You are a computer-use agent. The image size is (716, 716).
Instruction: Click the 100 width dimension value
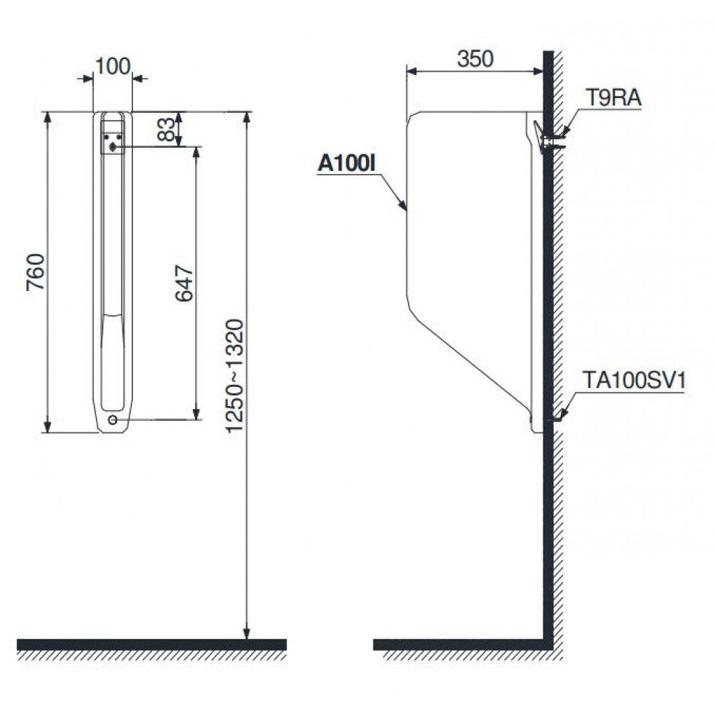(x=112, y=66)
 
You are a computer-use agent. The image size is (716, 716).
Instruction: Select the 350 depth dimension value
(x=476, y=59)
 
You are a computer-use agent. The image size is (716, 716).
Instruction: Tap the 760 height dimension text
(x=35, y=272)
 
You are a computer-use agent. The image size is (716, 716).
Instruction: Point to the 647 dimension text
(x=185, y=283)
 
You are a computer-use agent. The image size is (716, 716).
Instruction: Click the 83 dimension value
(x=166, y=129)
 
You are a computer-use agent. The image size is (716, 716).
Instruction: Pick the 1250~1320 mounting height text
(x=236, y=375)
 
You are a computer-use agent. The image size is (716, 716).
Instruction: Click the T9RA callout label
(x=614, y=97)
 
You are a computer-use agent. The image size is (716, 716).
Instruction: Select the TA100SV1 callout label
(x=634, y=380)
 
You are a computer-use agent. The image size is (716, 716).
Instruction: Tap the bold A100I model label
(x=347, y=163)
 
